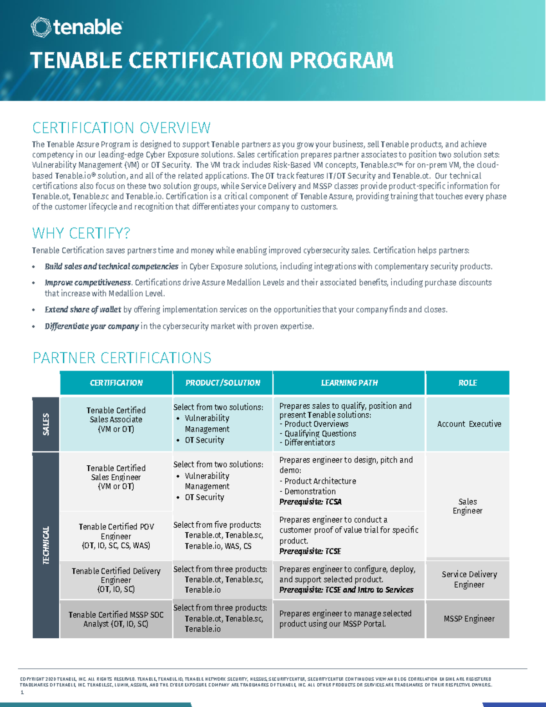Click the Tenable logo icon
40,27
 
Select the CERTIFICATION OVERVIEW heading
121,128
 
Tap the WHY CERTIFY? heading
81,234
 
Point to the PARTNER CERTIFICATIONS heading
122,358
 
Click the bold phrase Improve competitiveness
88,283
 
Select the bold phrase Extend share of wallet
83,310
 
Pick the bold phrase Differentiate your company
91,326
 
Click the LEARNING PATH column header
349,383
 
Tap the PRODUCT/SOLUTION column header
222,383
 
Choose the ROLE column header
467,383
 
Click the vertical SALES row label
46,424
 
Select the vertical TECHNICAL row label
46,545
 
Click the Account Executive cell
469,424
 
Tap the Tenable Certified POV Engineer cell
116,536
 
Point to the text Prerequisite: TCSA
310,502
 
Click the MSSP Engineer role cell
469,619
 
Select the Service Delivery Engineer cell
469,580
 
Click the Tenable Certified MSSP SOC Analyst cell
116,619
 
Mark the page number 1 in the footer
22,692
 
